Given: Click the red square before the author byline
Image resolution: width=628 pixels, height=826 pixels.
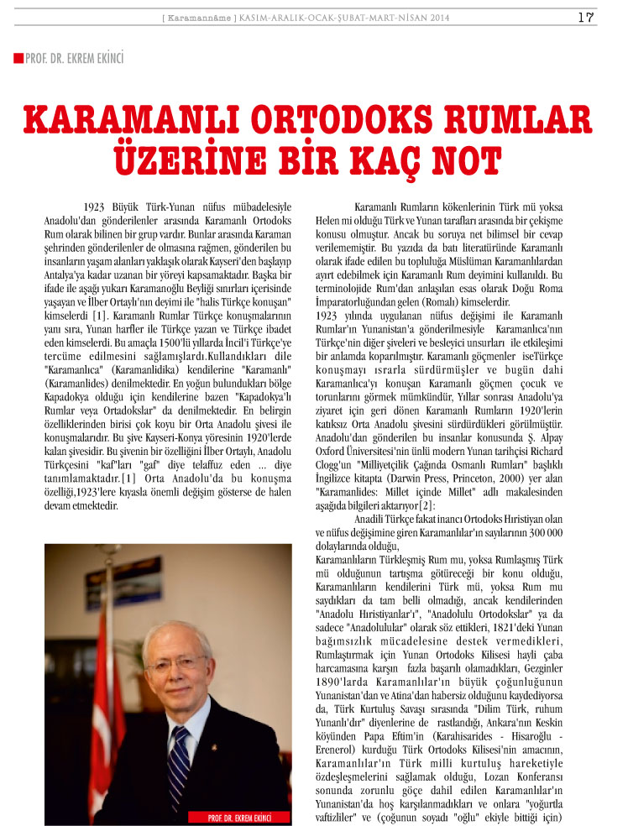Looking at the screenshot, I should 18,58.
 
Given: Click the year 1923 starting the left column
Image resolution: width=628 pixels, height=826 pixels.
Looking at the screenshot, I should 98,206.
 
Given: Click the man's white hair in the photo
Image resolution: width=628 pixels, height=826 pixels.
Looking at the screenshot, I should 172,615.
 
